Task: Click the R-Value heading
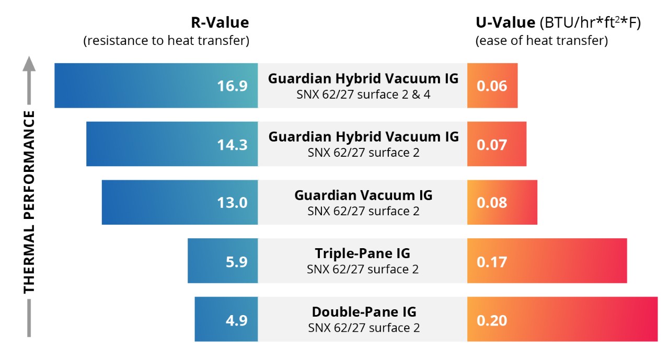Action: tap(219, 23)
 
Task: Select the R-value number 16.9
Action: tap(232, 86)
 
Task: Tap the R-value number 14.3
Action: tap(232, 144)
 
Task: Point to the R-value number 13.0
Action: tap(232, 203)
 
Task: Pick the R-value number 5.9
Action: tap(236, 261)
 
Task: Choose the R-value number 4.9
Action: tap(236, 320)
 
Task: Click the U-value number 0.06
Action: tap(491, 86)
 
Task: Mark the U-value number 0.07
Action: tap(491, 144)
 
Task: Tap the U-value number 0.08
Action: tap(491, 203)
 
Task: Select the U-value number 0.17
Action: tap(491, 261)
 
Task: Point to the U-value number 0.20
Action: tap(491, 320)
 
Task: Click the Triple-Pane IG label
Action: tap(362, 254)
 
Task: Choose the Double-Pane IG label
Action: tap(364, 312)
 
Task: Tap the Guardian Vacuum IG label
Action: tap(363, 195)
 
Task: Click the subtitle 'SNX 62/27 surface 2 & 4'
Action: tap(363, 94)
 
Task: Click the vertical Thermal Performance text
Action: tap(29, 201)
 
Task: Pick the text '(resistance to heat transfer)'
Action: tap(166, 41)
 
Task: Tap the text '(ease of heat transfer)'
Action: tap(541, 41)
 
